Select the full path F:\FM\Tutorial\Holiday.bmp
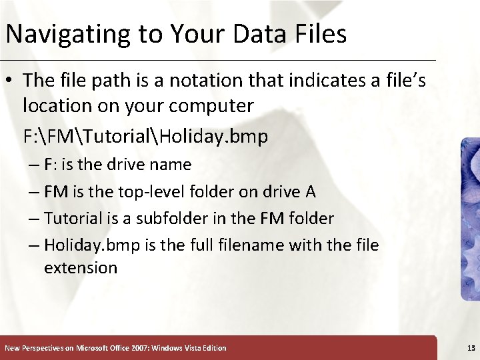coord(145,137)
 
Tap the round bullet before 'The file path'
coord(11,81)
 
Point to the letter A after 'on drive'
coord(310,191)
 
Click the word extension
coord(81,268)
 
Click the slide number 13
coord(471,348)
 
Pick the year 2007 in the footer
coord(136,348)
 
